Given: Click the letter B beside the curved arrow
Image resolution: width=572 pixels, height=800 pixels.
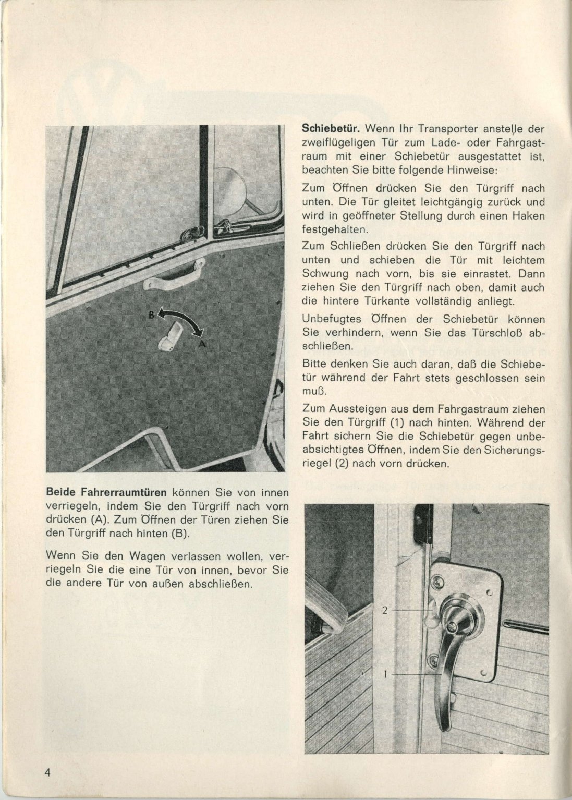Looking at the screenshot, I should coord(151,314).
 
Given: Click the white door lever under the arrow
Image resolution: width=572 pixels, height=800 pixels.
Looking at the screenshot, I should coord(169,335).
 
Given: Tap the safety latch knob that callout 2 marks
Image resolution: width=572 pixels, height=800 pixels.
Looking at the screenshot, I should coord(431,617).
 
